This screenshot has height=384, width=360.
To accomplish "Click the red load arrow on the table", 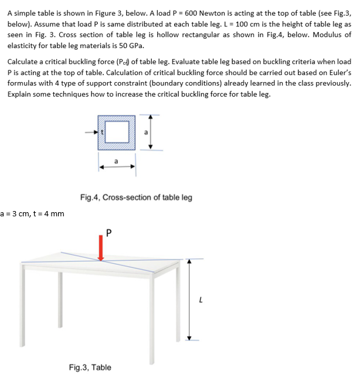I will [101, 249].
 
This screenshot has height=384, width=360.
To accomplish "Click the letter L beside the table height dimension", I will [202, 300].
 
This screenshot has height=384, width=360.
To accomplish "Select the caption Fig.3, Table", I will [90, 368].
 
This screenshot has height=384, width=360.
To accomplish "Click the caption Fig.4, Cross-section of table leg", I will [136, 197].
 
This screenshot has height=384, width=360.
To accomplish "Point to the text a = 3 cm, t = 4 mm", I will [33, 213].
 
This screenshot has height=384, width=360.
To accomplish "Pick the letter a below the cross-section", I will [117, 160].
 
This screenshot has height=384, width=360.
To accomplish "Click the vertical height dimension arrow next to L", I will [189, 300].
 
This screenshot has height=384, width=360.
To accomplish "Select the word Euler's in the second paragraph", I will [337, 73].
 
